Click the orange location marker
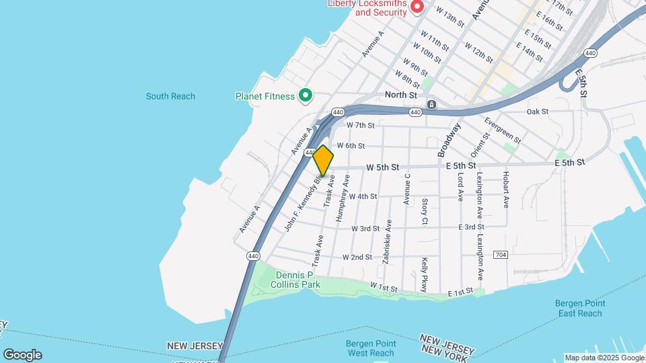323,161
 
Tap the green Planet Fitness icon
305,96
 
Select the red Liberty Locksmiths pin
417,7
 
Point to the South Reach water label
170,96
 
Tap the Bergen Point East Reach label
579,309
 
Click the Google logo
22,355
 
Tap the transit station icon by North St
431,104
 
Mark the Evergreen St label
502,130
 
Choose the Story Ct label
425,211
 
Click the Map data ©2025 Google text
604,358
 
